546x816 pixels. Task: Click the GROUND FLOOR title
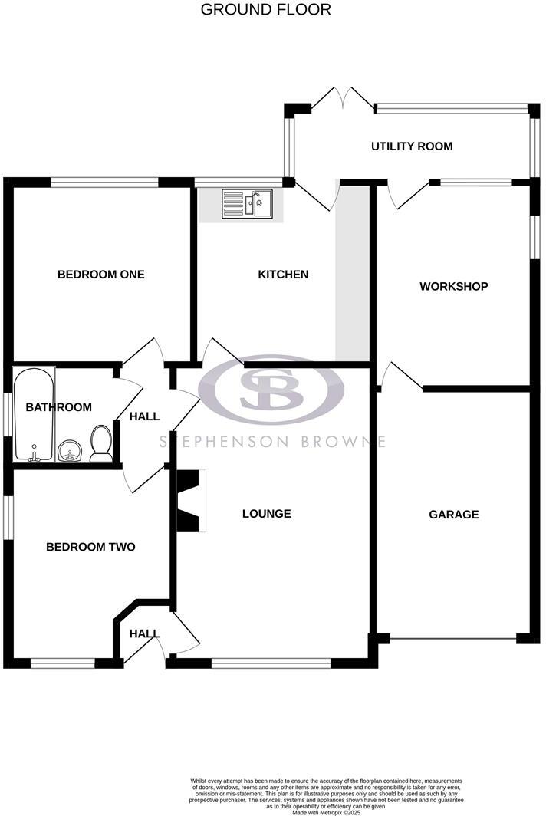point(266,10)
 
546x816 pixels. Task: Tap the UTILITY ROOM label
point(412,146)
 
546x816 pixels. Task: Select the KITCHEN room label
point(283,274)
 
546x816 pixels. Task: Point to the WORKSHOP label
point(454,287)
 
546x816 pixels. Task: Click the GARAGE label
point(454,514)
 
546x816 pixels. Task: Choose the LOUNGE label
point(267,513)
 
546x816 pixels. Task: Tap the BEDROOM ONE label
point(101,274)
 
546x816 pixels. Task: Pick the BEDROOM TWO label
point(90,547)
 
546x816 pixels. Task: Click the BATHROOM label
point(59,407)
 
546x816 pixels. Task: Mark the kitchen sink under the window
point(248,204)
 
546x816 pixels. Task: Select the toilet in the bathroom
point(101,443)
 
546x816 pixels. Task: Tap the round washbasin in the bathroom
point(70,450)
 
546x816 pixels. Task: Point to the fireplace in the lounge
point(192,501)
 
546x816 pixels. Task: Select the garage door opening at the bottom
point(454,638)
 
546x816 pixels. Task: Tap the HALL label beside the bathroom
point(144,416)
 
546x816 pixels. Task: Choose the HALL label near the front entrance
point(143,633)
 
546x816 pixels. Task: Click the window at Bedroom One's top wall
point(104,183)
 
